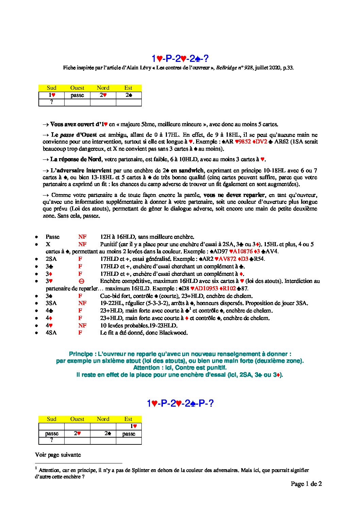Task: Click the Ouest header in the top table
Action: (77, 88)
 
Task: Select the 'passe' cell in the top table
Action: (77, 95)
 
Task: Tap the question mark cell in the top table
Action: (51, 102)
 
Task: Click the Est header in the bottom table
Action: (128, 419)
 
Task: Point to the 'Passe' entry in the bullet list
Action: (52, 237)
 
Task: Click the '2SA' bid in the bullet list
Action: (51, 259)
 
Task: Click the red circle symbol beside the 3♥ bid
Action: (81, 281)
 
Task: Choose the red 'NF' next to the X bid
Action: (82, 244)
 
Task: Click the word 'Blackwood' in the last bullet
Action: (173, 333)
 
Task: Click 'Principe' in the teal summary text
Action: (81, 354)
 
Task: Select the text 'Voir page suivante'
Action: (58, 455)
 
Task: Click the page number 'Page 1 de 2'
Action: (306, 484)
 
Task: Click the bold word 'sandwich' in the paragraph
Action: (192, 171)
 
